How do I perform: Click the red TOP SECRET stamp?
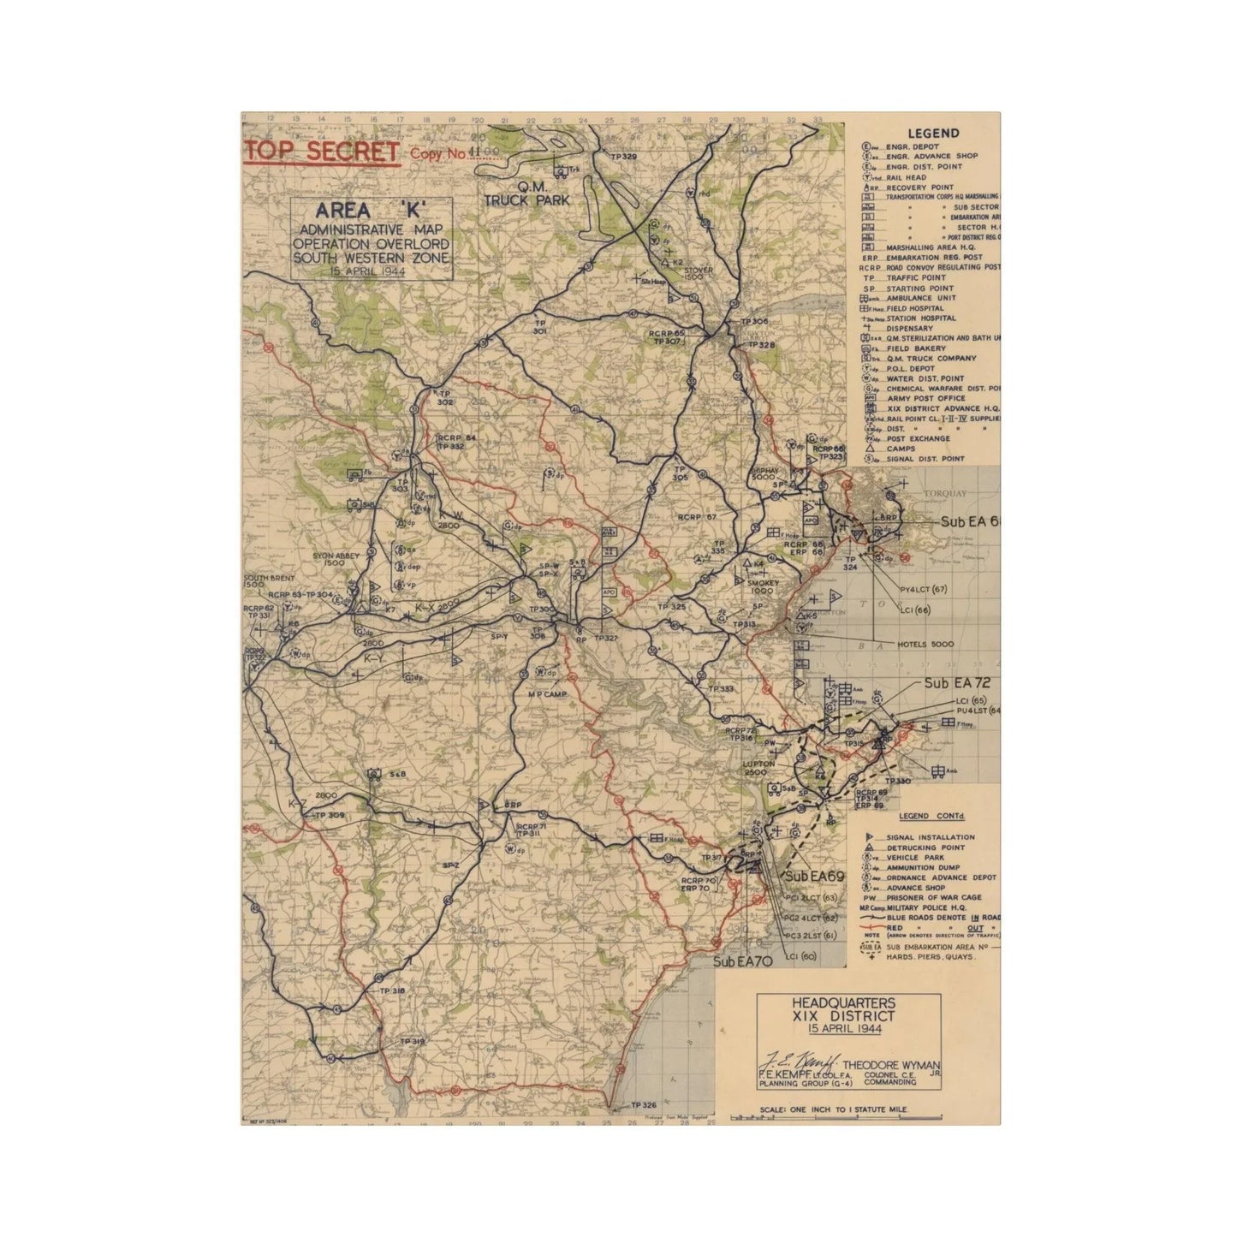coord(321,152)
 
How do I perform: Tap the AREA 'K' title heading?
coord(370,211)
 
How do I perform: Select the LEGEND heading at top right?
coord(933,134)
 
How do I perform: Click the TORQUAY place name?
coord(944,493)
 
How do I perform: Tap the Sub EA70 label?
coord(744,962)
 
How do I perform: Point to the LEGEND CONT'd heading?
coord(931,816)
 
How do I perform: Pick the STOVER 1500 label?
coord(699,273)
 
